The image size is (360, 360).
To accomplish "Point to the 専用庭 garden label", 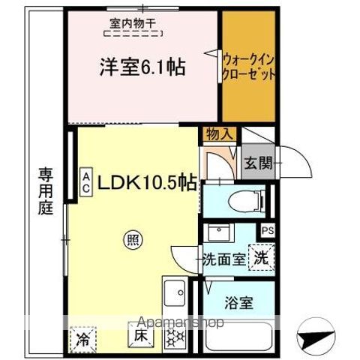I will pos(46,192).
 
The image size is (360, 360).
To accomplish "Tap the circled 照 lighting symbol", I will pos(132,240).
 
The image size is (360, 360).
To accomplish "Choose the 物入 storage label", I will pos(220,133).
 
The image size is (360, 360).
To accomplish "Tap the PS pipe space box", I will pos(266,230).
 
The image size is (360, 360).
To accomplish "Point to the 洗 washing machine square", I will pos(260,257).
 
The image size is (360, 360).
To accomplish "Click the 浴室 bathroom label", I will pos(241,304).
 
